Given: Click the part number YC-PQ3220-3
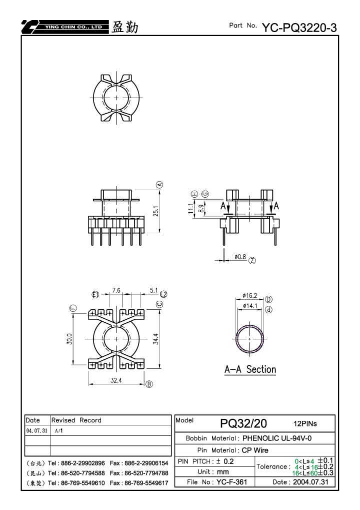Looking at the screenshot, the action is point(299,28).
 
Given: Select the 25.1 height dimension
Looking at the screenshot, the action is point(156,211).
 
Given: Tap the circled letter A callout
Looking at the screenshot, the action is point(159,185).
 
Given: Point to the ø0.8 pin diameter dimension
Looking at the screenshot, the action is point(240,257).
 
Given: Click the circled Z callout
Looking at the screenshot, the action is point(252,261).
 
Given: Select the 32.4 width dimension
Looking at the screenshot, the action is point(116,380).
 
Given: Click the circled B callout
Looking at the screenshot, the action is point(149,384).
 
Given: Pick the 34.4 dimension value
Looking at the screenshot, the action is point(156,339).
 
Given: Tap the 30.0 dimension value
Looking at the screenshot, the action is point(69,339).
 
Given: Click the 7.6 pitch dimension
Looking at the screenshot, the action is point(116,290).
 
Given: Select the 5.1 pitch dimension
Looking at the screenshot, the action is point(153,290).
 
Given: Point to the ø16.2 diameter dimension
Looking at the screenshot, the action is point(249,296).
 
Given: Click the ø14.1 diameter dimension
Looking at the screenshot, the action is point(250,306).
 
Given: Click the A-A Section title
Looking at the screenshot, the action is point(250,369).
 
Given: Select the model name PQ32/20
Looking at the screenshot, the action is point(243,423).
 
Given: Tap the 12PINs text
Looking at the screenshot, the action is point(305,423).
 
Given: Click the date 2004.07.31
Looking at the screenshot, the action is point(310,482).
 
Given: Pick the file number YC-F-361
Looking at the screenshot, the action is point(231,482).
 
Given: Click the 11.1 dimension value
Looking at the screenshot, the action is point(190,209).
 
